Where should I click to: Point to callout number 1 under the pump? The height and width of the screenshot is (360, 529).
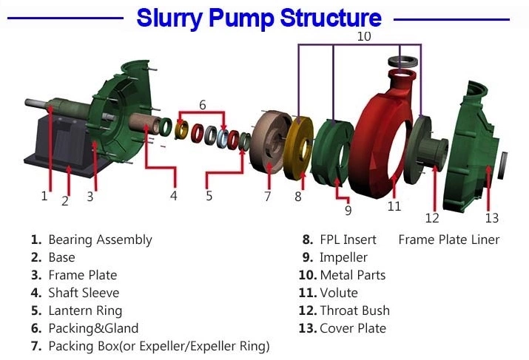pyautogui.click(x=44, y=196)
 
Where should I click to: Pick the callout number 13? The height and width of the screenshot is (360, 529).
pyautogui.click(x=492, y=217)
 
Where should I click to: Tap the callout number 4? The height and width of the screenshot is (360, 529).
pyautogui.click(x=173, y=196)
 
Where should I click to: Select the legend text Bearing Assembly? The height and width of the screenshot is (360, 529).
pyautogui.click(x=100, y=240)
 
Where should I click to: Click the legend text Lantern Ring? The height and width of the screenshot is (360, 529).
pyautogui.click(x=85, y=310)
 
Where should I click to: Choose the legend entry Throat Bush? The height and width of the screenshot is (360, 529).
pyautogui.click(x=354, y=310)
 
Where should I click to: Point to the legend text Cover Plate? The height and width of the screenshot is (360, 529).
pyautogui.click(x=353, y=328)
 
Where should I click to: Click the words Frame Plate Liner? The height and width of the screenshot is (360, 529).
pyautogui.click(x=448, y=240)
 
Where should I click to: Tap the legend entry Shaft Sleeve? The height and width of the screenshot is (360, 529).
pyautogui.click(x=84, y=293)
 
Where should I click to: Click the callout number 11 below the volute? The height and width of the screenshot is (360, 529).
pyautogui.click(x=394, y=206)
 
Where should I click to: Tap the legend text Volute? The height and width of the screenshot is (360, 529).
pyautogui.click(x=339, y=293)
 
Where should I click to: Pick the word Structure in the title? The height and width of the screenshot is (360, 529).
pyautogui.click(x=310, y=18)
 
